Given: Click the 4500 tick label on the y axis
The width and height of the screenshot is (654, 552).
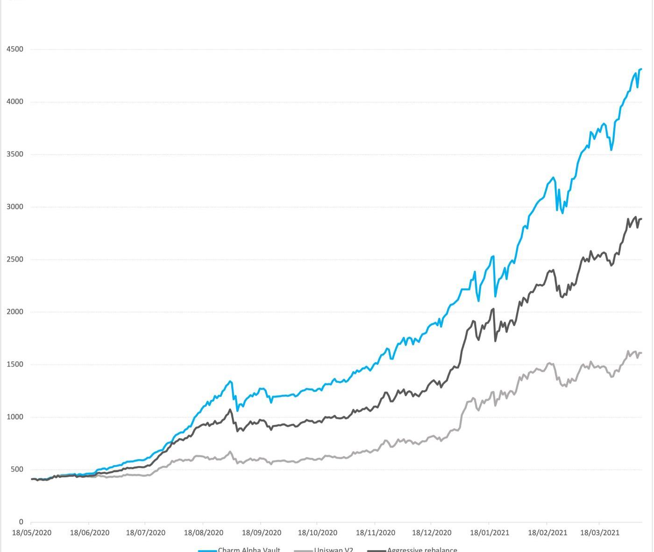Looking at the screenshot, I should tap(14, 49).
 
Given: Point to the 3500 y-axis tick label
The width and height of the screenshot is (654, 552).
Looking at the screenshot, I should tap(14, 154).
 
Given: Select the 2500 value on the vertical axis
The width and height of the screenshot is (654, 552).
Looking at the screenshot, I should tap(14, 259).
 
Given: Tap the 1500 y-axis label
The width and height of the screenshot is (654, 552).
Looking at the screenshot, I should tap(14, 364).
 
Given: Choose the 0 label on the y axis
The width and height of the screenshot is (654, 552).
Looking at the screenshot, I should tap(21, 522).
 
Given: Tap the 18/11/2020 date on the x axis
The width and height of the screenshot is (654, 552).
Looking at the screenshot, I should tap(375, 532).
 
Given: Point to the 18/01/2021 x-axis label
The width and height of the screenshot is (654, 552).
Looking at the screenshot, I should tap(490, 532).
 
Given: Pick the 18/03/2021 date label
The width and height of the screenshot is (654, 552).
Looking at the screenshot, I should tap(600, 532).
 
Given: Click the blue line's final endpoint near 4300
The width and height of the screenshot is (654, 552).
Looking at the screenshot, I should tap(641, 69).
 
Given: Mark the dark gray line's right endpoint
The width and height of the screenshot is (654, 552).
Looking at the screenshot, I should tap(641, 219).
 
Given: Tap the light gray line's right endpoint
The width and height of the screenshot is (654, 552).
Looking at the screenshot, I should tap(641, 353).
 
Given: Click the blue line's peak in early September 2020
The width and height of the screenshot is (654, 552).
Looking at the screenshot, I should tap(230, 381).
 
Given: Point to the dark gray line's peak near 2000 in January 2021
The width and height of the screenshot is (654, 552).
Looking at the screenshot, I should tap(493, 309).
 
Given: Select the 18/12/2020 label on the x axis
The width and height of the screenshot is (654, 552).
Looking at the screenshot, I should tap(432, 532).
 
